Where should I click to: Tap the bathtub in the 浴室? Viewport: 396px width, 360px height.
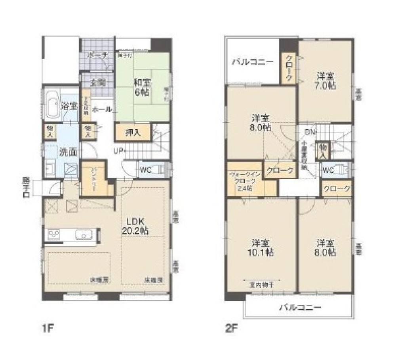pos(52,104)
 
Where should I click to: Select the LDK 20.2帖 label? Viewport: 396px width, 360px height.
pos(137,226)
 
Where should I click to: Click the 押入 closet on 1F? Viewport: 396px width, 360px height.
pos(133,133)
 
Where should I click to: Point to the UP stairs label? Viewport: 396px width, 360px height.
pos(118,151)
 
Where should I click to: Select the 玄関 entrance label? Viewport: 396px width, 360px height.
pos(97,83)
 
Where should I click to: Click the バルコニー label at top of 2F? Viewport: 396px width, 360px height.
pos(252,62)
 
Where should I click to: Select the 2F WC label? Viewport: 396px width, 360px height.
pos(328,171)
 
